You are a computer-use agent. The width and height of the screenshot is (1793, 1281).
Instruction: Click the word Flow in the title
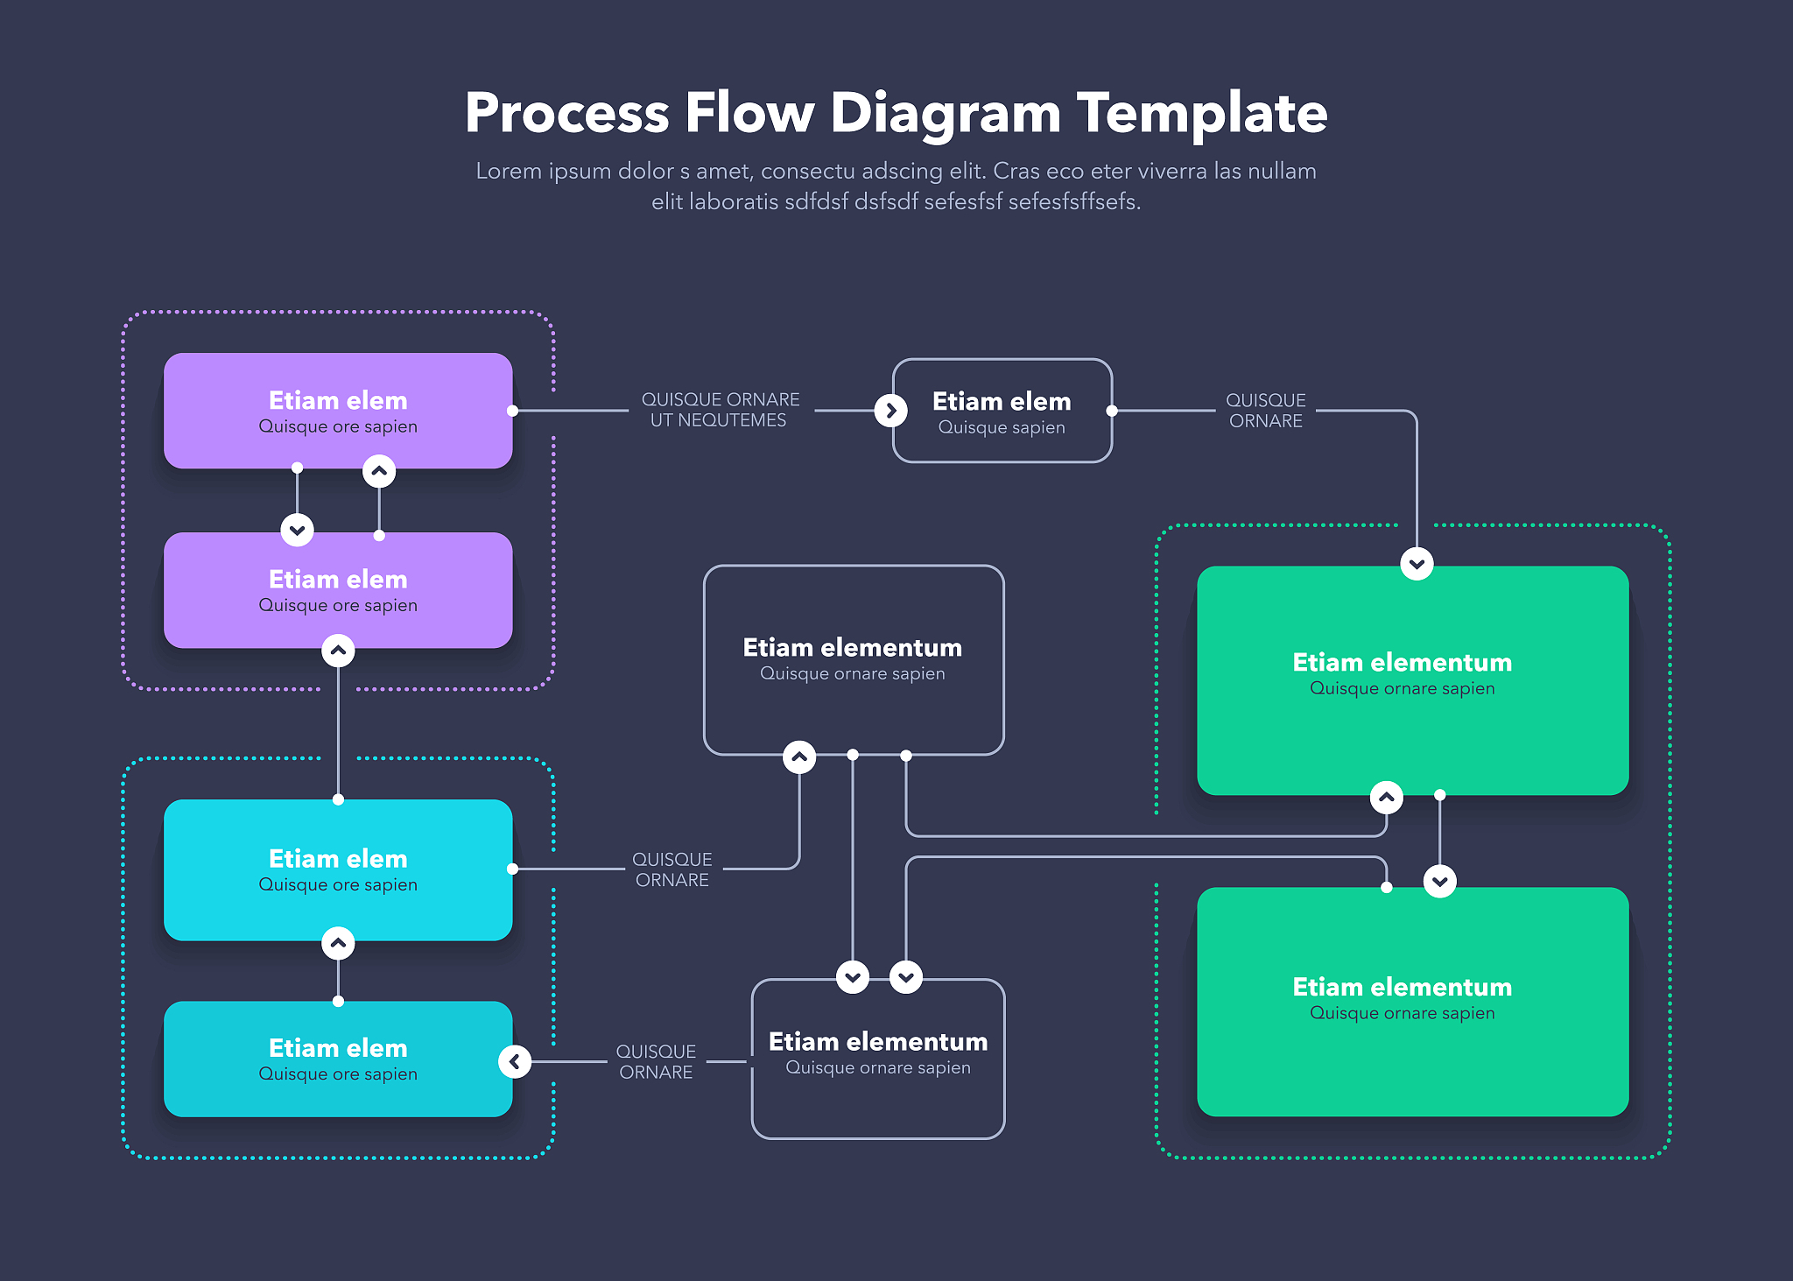pos(749,113)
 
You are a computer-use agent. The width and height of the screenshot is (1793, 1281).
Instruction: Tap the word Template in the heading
pos(1202,113)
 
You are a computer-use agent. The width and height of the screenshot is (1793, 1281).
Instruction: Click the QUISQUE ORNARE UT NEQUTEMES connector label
pos(720,410)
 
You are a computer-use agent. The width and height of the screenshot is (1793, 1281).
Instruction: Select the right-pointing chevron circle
pos(890,410)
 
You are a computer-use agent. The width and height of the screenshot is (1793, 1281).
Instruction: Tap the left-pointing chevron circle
pos(515,1062)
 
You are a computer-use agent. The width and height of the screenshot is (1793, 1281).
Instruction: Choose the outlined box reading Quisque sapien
pos(1002,411)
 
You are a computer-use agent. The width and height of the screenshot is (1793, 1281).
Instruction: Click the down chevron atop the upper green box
pos(1417,564)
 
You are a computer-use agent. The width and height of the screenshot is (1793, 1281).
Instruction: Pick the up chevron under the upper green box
pos(1386,798)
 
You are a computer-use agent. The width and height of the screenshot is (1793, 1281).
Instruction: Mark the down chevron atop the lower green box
pos(1440,881)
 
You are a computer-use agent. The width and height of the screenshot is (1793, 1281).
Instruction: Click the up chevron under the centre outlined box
pos(799,757)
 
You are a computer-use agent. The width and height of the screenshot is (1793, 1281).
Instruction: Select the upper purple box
pos(338,411)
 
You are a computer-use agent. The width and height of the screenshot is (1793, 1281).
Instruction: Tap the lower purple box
pos(338,591)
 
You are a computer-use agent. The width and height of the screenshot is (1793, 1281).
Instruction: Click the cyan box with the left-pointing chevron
pos(338,1059)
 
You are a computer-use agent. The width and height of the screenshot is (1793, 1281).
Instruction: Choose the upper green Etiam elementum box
pos(1412,680)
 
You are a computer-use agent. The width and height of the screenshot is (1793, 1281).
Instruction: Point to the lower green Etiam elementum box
pos(1412,1003)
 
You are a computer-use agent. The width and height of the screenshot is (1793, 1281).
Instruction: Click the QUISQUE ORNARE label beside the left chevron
pos(656,1062)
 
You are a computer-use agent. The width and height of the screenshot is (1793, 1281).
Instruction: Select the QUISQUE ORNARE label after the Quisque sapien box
pos(1265,411)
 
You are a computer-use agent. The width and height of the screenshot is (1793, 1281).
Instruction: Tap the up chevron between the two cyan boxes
pos(338,944)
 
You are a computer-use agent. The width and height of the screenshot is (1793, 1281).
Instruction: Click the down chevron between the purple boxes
pos(298,530)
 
